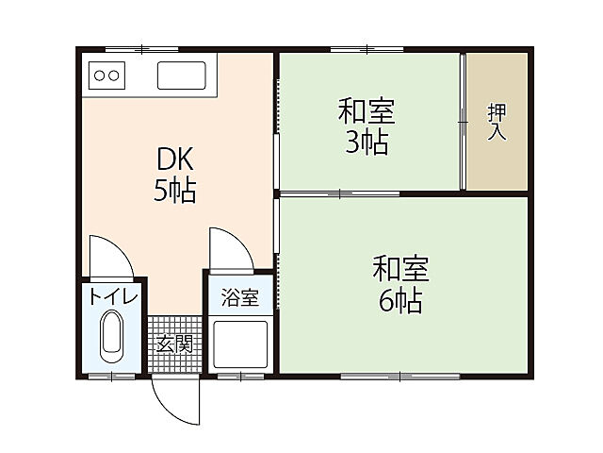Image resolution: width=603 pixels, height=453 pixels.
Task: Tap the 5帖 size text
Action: coord(175,191)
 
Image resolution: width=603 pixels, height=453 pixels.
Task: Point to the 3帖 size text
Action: coord(367,143)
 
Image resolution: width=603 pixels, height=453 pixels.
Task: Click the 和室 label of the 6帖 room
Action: coord(400,270)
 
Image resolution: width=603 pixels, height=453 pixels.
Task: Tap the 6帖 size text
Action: coord(400,301)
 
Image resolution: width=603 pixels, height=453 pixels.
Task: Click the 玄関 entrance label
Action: coord(174,343)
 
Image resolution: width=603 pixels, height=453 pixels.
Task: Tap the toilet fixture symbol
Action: coord(111,339)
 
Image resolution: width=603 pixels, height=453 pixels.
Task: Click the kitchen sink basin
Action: coord(184,75)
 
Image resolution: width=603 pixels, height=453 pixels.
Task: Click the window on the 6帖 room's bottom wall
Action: coord(399,377)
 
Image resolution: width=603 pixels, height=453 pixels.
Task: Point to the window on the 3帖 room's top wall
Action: coord(366,47)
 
